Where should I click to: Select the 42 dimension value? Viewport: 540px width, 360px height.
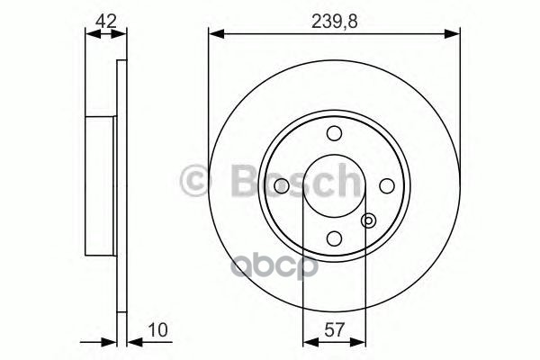click(106, 19)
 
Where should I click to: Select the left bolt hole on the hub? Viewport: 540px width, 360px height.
click(281, 185)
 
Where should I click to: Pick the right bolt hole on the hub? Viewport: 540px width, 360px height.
click(387, 185)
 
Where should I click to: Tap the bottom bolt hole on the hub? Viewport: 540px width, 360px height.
click(334, 238)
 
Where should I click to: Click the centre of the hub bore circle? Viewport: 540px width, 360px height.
click(334, 185)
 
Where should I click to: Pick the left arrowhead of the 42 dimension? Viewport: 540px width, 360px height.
click(89, 34)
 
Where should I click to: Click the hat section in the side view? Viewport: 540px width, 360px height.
click(102, 185)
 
